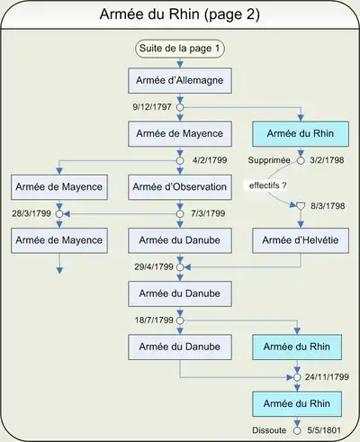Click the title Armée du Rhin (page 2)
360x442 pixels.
[180, 14]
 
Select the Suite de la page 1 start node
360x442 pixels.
[180, 49]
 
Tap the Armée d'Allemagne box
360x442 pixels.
[180, 80]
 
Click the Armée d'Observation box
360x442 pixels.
[180, 187]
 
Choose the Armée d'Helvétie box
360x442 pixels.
[301, 240]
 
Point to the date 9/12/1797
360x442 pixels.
[152, 107]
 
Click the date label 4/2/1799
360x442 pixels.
[210, 160]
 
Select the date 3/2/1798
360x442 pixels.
[327, 160]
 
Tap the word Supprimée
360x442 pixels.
[269, 160]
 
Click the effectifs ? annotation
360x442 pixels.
[267, 185]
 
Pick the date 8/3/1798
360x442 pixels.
[328, 206]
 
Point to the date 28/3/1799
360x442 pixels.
[31, 213]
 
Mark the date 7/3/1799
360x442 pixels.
[208, 213]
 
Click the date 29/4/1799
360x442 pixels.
[154, 266]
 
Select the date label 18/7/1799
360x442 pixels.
[154, 320]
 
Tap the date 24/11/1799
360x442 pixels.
[327, 377]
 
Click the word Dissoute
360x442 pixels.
[269, 430]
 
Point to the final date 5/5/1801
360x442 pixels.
[324, 430]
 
